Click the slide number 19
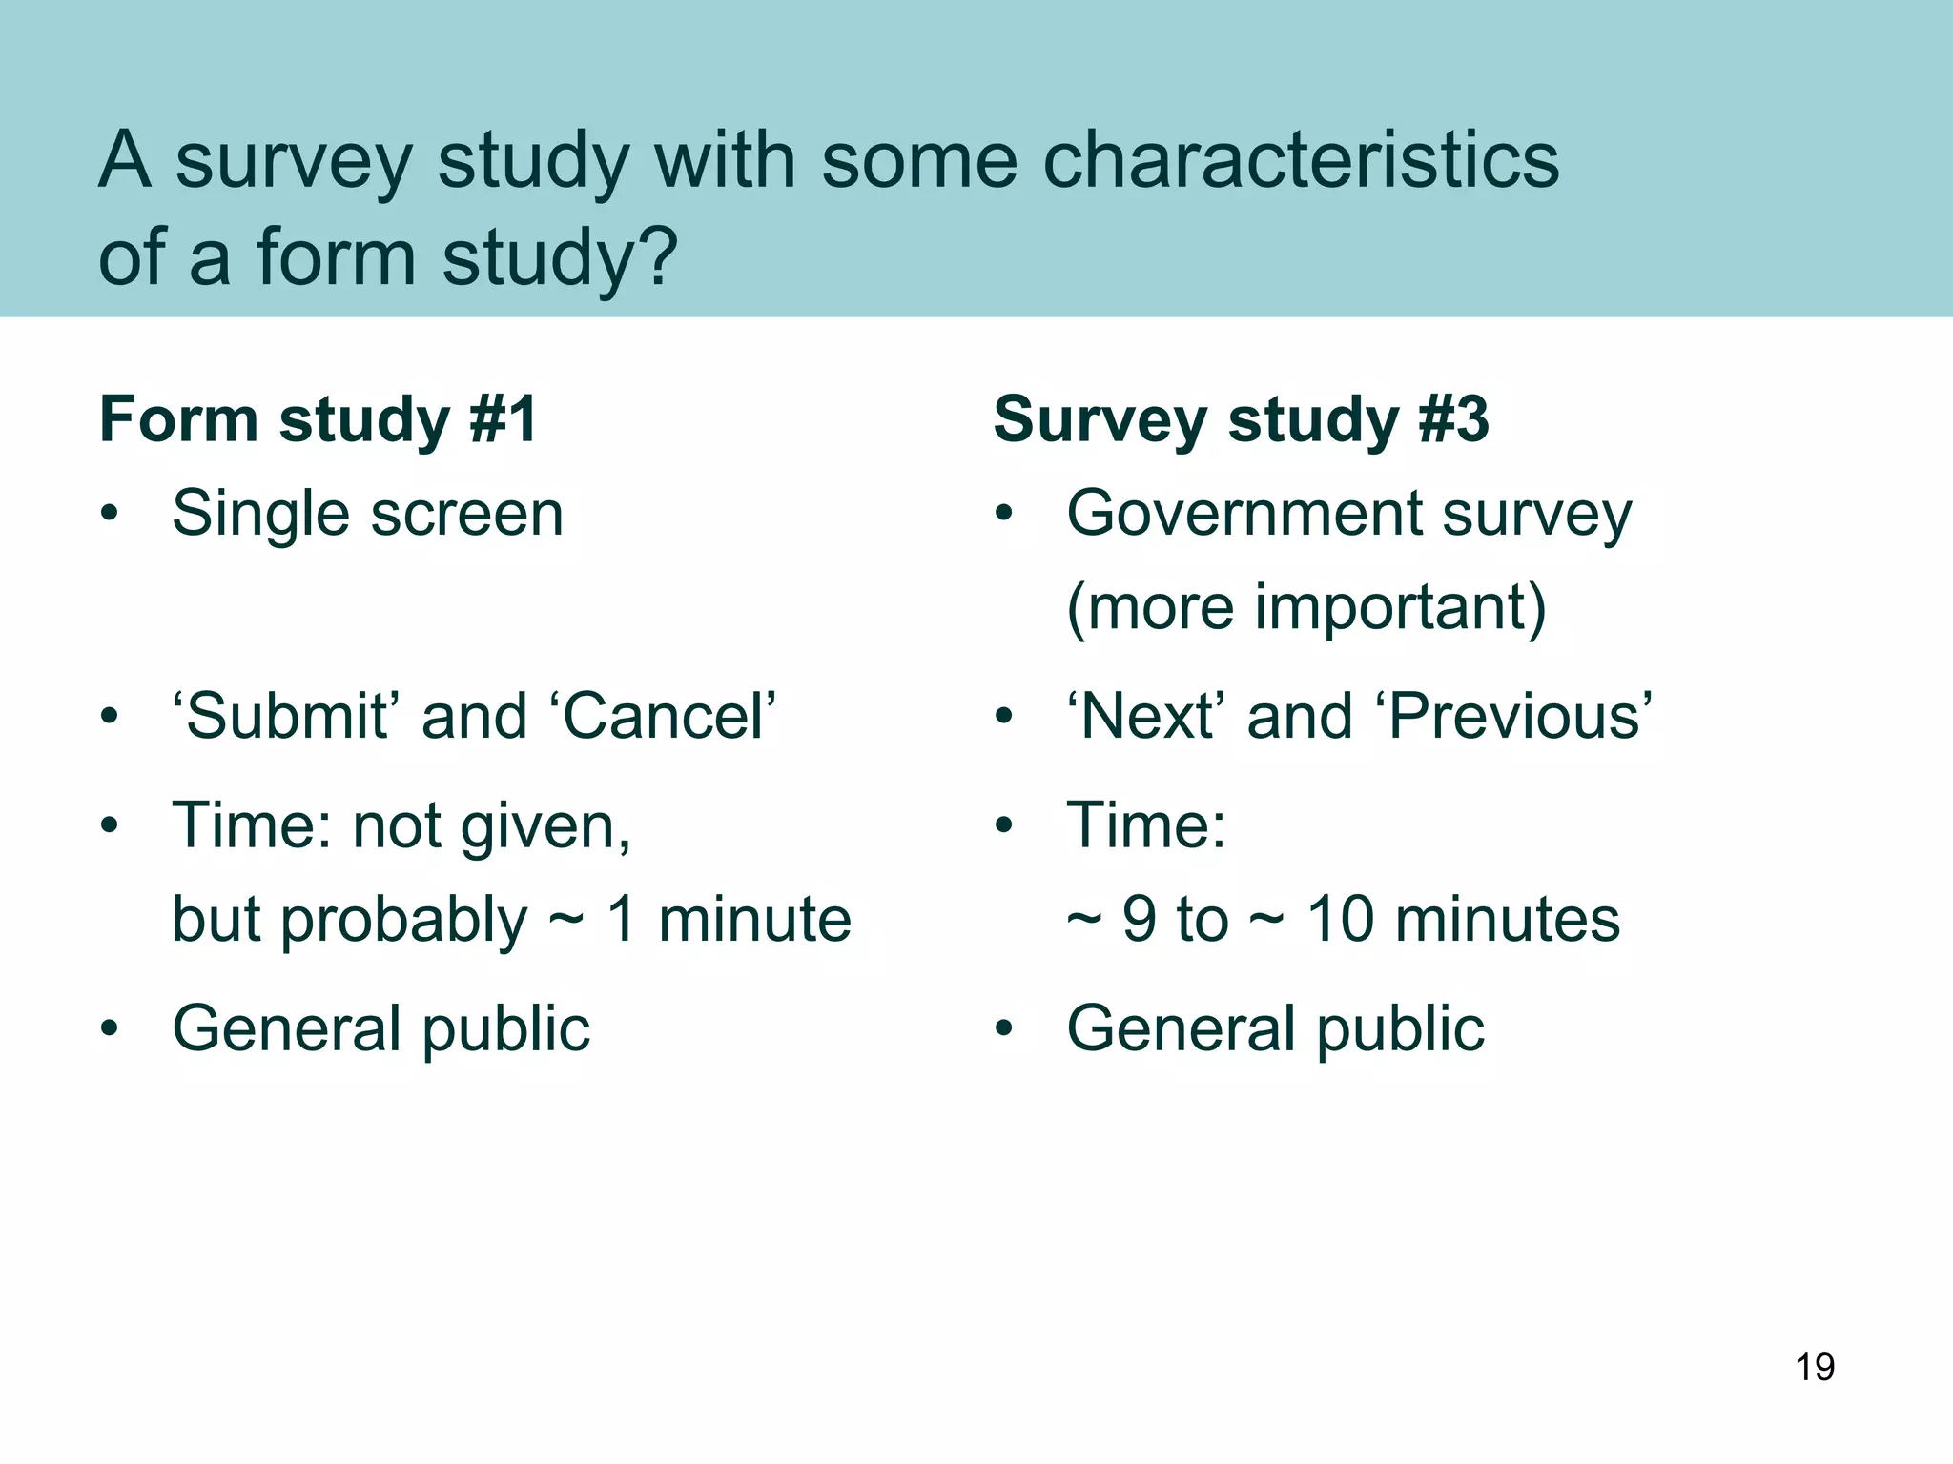(x=1815, y=1367)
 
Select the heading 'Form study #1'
(x=319, y=419)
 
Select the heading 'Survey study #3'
(x=1240, y=419)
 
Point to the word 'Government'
(x=1244, y=515)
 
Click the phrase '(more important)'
(x=1305, y=607)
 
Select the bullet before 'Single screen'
(x=111, y=515)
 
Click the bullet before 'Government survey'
(x=1003, y=515)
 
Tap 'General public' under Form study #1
(x=380, y=1029)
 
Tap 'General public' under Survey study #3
(x=1275, y=1029)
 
